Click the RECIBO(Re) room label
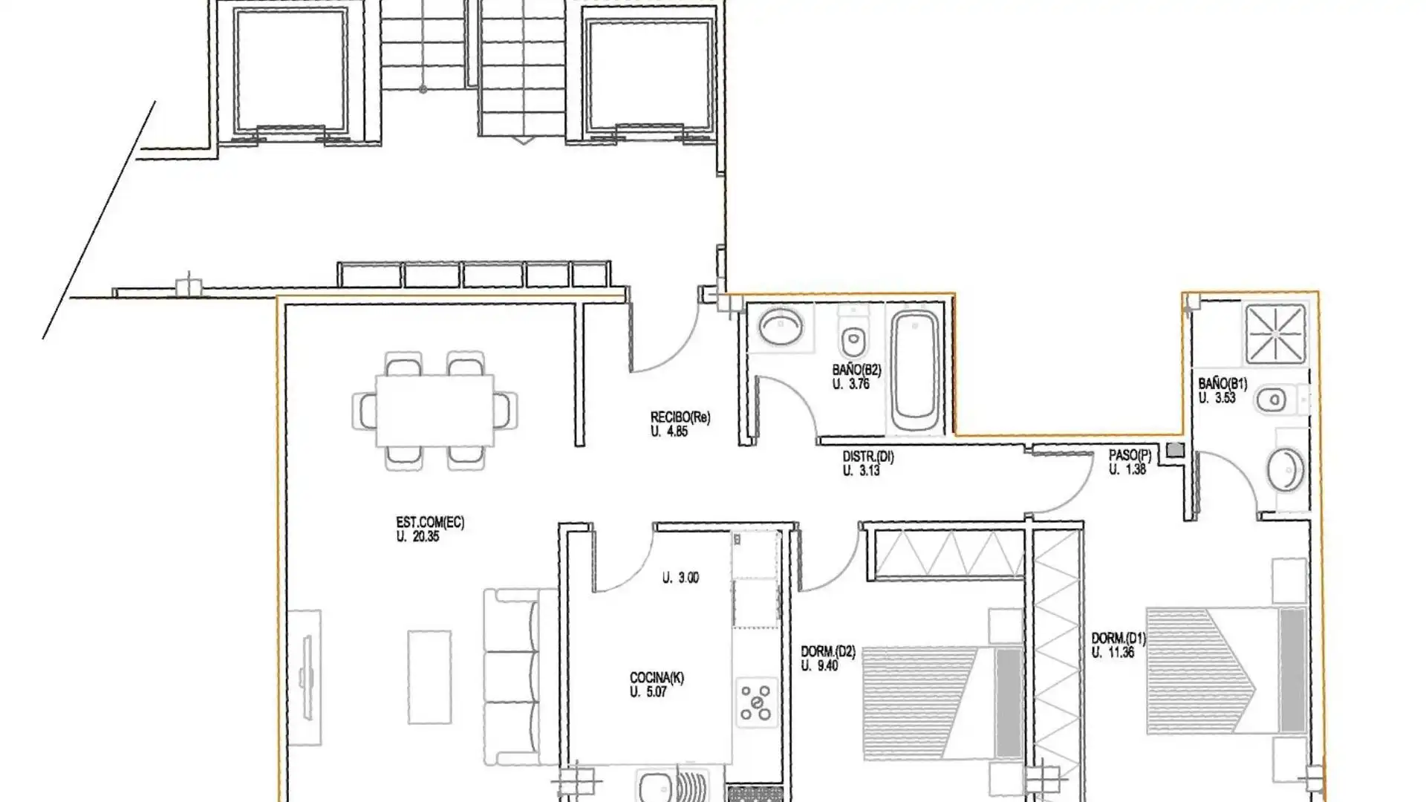pos(680,417)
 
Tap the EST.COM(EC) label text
pos(430,523)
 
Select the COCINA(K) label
pos(657,678)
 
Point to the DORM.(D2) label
pos(828,652)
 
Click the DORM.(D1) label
pos(1119,638)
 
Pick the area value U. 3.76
pos(851,384)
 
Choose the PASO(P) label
pos(1130,455)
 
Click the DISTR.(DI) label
pos(868,457)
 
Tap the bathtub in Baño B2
pos(914,373)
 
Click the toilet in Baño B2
pos(853,336)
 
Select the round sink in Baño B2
pos(781,326)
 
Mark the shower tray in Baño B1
pos(1275,334)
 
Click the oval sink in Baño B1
pos(1286,469)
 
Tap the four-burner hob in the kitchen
pos(757,702)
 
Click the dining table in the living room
pos(435,411)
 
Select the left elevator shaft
pos(290,71)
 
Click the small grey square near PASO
pos(1176,450)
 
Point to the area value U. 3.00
pos(680,578)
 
